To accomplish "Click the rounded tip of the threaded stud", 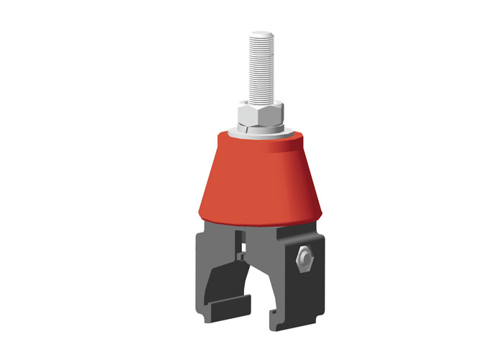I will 260,35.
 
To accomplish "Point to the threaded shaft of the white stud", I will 260,68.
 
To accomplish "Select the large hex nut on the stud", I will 260,113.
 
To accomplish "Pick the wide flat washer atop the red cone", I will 260,135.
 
